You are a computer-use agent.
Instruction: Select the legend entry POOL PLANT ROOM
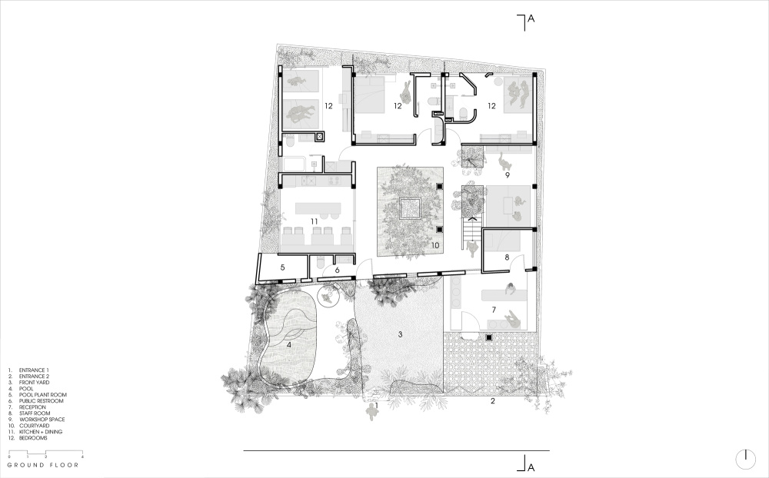42,395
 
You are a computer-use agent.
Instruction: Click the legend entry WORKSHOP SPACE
42,420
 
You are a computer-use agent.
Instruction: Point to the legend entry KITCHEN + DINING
41,432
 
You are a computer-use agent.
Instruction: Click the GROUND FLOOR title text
42,465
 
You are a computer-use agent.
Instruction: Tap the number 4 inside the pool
289,344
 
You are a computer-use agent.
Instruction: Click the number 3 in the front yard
400,334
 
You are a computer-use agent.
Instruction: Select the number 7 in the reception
494,310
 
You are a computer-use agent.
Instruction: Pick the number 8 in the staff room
507,257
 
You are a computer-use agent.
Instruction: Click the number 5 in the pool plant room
282,267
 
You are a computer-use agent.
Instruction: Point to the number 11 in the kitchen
314,221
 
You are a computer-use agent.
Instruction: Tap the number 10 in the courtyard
434,245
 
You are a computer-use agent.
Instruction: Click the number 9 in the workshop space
507,174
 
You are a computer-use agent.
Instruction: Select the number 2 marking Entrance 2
493,401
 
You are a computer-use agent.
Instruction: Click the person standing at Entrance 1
372,413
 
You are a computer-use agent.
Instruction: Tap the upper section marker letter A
531,18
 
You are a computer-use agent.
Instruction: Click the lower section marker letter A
531,467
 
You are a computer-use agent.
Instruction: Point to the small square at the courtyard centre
409,208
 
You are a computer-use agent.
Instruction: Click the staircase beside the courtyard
472,231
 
